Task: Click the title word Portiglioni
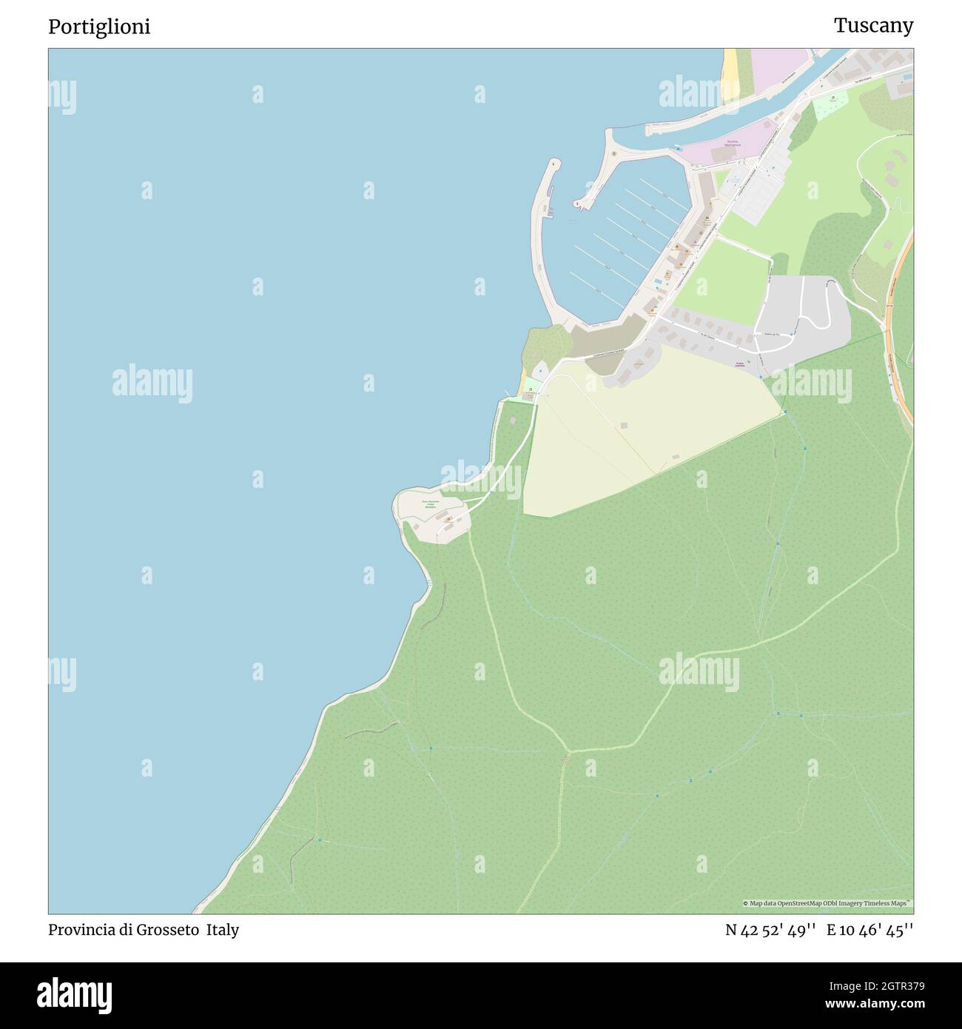click(x=99, y=27)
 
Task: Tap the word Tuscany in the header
click(x=873, y=26)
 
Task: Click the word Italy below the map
click(x=223, y=930)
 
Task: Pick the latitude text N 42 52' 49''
click(x=770, y=930)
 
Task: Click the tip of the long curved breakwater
click(x=552, y=162)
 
